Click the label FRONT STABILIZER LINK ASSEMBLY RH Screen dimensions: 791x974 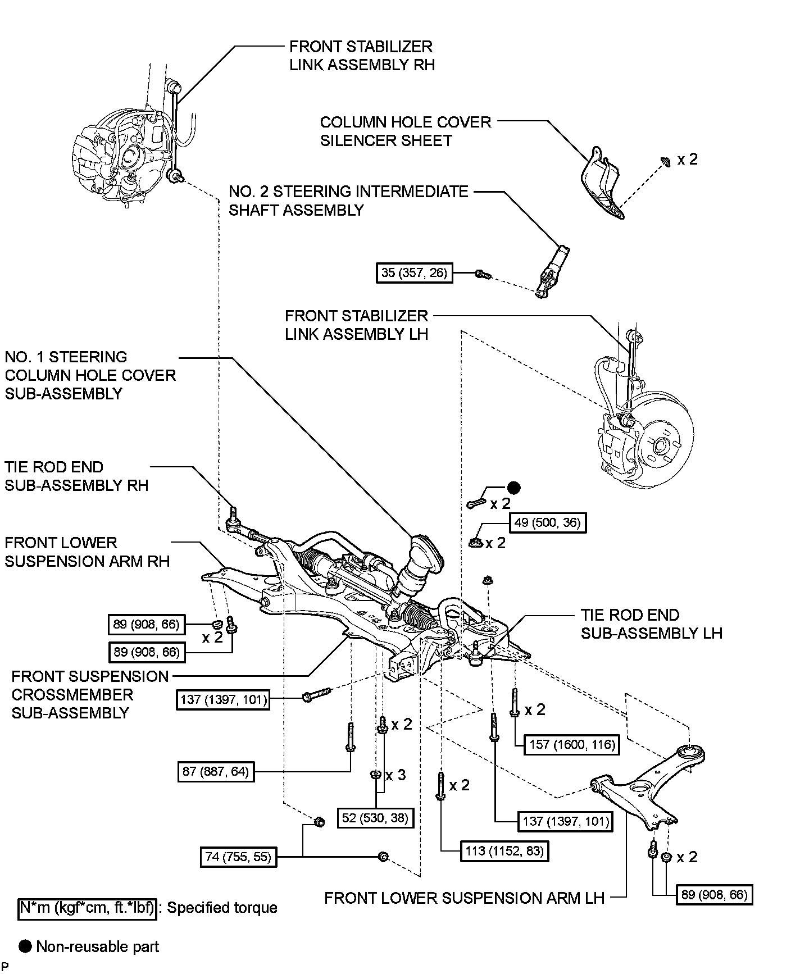(362, 55)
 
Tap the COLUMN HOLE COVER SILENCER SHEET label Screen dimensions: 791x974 (406, 131)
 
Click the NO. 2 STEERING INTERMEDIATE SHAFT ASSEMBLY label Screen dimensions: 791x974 (348, 201)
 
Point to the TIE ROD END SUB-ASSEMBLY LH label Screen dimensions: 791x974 (651, 623)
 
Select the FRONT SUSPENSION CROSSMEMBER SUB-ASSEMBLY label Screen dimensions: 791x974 (90, 694)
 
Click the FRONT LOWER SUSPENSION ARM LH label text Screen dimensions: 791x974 (464, 898)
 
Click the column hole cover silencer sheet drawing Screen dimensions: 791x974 (602, 183)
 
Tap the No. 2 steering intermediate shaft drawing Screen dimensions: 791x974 (551, 271)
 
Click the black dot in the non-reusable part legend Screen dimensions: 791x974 (25, 946)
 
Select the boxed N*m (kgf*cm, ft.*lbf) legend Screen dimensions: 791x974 (87, 908)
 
